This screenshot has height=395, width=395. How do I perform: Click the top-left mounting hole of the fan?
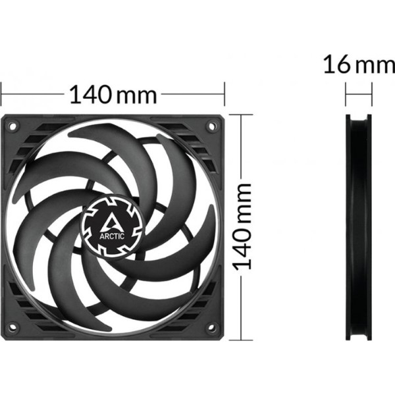tap(13, 125)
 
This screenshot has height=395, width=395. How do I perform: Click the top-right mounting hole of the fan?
tap(211, 125)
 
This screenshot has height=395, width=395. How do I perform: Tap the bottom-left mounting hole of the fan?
tap(12, 327)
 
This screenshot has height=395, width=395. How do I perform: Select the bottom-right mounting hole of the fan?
tap(211, 327)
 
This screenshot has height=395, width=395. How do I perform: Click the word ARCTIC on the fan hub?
tap(112, 236)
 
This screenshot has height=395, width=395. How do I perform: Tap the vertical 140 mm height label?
tap(242, 226)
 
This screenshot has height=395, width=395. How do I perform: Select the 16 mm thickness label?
tap(359, 65)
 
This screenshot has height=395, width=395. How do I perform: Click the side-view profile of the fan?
tap(359, 227)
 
